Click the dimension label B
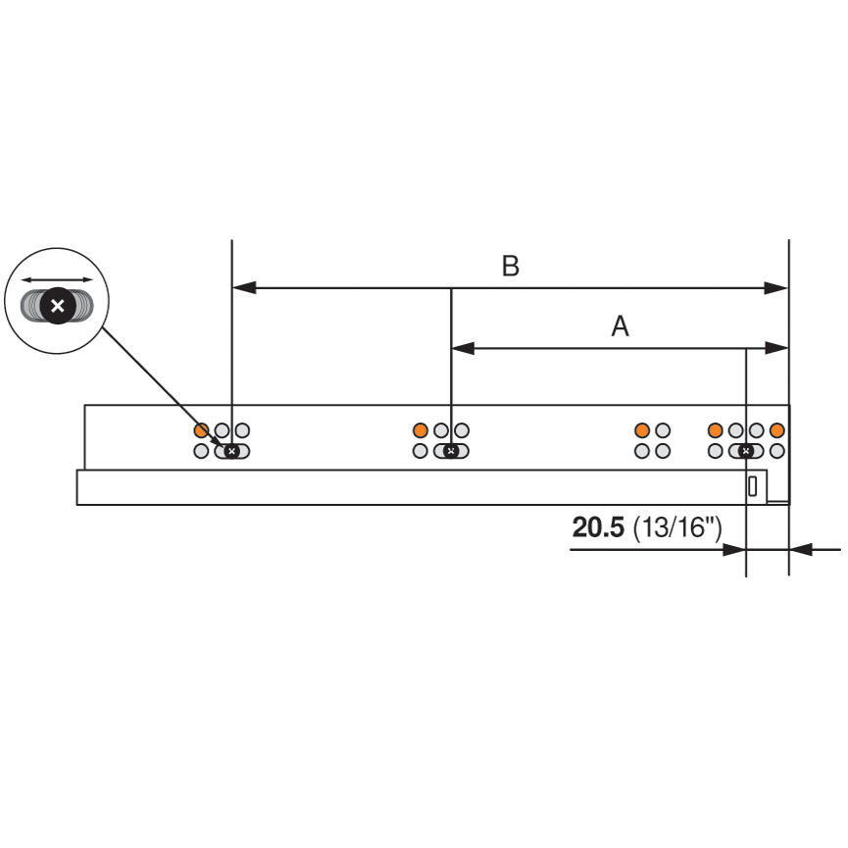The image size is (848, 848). tap(510, 267)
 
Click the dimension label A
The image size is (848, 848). tap(620, 326)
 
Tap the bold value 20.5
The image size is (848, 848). tap(598, 527)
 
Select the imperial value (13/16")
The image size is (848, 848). tap(677, 527)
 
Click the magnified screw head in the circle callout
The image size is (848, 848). tap(58, 307)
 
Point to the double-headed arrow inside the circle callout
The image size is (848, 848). tap(58, 279)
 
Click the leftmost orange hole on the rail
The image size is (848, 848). tap(201, 430)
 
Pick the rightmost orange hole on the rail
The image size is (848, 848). tap(777, 430)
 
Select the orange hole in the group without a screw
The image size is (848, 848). tap(642, 430)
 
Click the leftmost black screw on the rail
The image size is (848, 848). tap(231, 451)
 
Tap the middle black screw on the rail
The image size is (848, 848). tap(450, 451)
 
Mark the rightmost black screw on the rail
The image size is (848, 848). tap(746, 451)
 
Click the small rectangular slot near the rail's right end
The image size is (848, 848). tap(753, 486)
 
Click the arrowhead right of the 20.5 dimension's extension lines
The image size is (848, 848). tap(801, 550)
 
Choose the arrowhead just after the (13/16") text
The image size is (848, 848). tap(735, 550)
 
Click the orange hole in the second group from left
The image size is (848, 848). tap(421, 430)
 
